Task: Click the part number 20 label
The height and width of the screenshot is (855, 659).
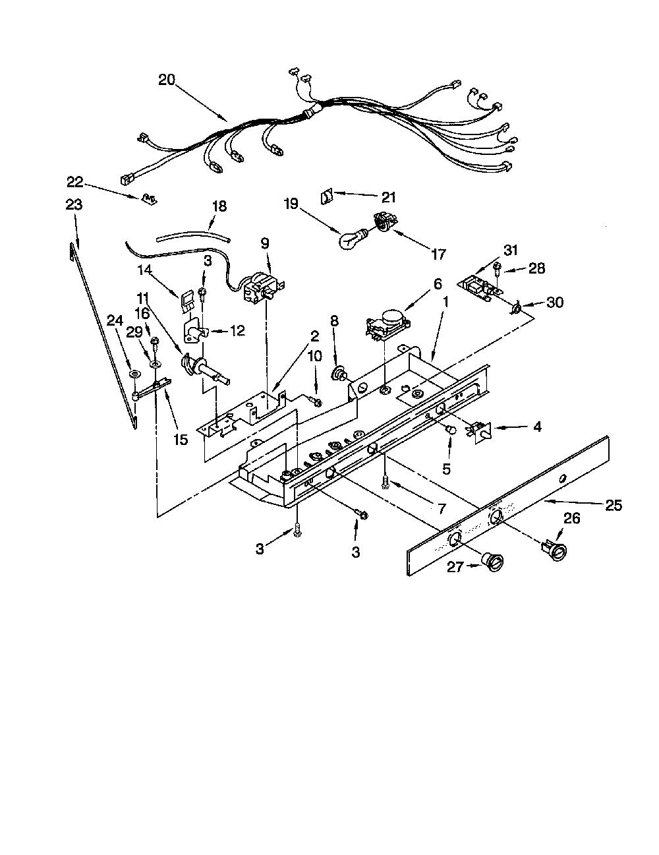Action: (167, 80)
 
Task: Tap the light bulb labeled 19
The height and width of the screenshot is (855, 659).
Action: (353, 238)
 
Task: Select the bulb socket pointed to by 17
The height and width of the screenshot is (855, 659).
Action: (382, 222)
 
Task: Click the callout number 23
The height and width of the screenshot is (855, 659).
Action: (74, 204)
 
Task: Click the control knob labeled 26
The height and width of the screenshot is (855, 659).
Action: (554, 550)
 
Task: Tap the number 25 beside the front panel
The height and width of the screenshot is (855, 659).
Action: (614, 505)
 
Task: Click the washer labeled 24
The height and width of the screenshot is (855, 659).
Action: (134, 372)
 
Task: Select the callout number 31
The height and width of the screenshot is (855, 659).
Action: (510, 251)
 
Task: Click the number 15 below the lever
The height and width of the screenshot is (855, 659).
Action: (181, 439)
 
